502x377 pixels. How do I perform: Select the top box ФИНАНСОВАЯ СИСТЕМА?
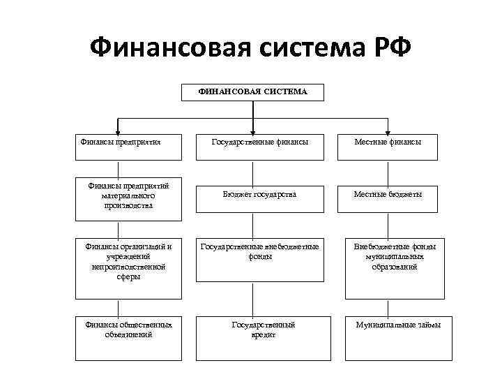[252, 92]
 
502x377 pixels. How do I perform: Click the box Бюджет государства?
[259, 195]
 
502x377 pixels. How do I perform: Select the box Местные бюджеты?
[387, 195]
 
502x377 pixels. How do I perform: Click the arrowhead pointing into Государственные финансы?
[252, 130]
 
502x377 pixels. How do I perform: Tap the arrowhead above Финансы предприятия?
[118, 130]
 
